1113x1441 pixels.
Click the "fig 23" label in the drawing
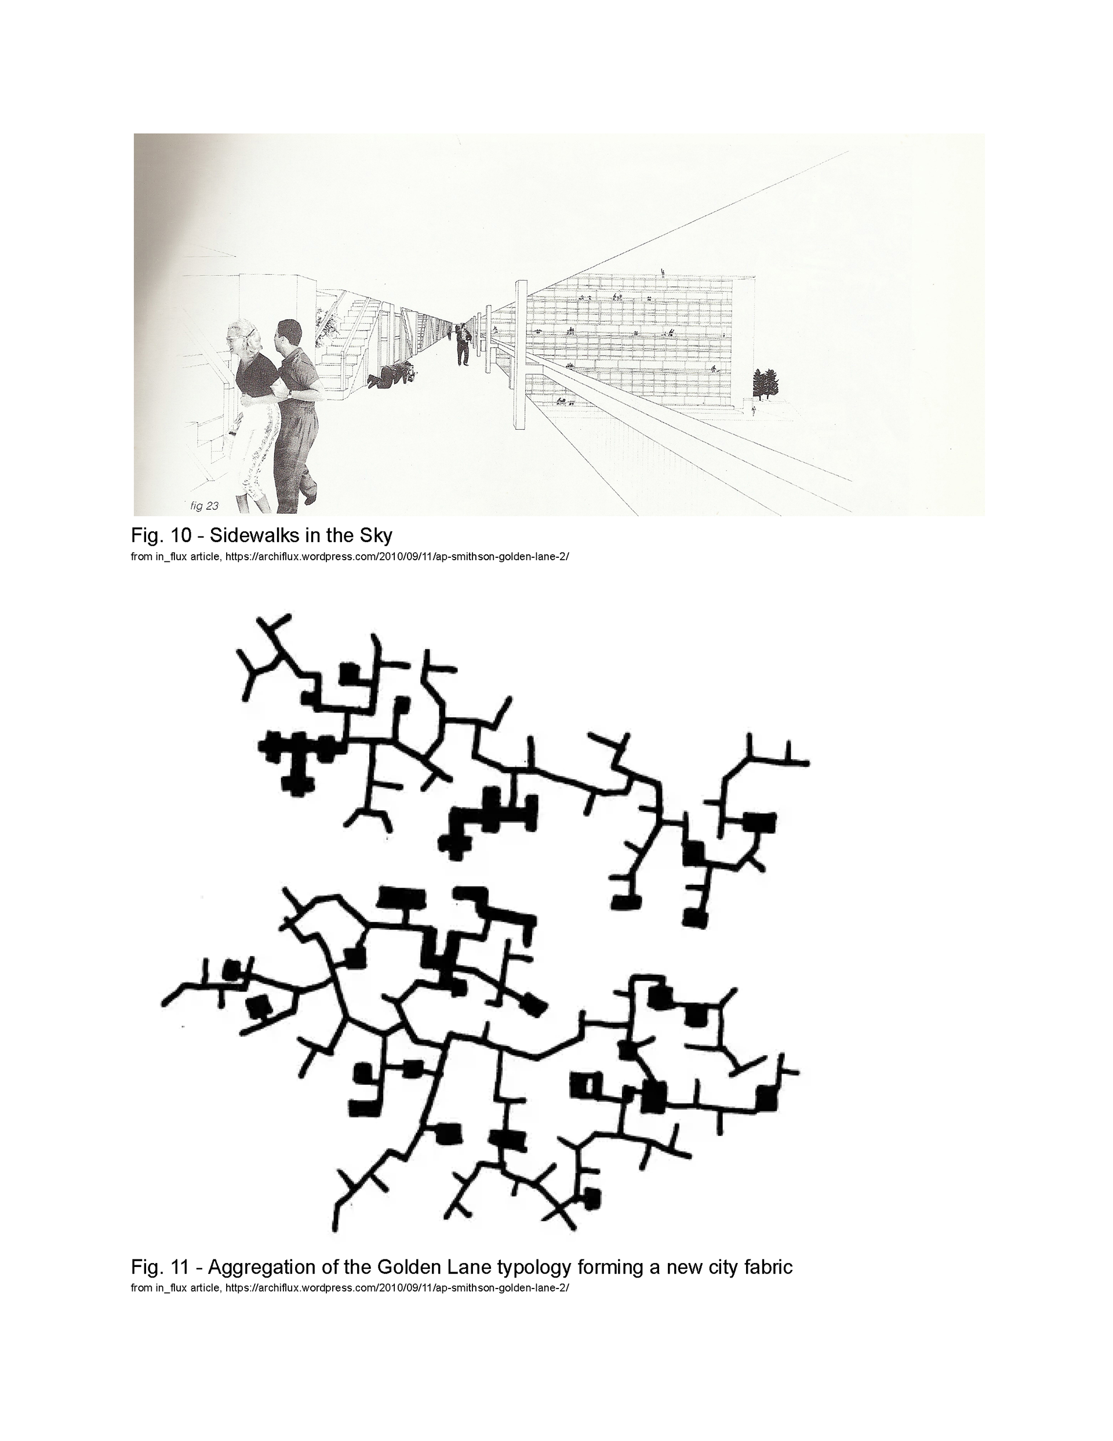[204, 506]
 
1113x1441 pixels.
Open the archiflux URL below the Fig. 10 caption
[397, 556]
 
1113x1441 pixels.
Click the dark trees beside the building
[765, 384]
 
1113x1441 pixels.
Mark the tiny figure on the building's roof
[662, 272]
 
